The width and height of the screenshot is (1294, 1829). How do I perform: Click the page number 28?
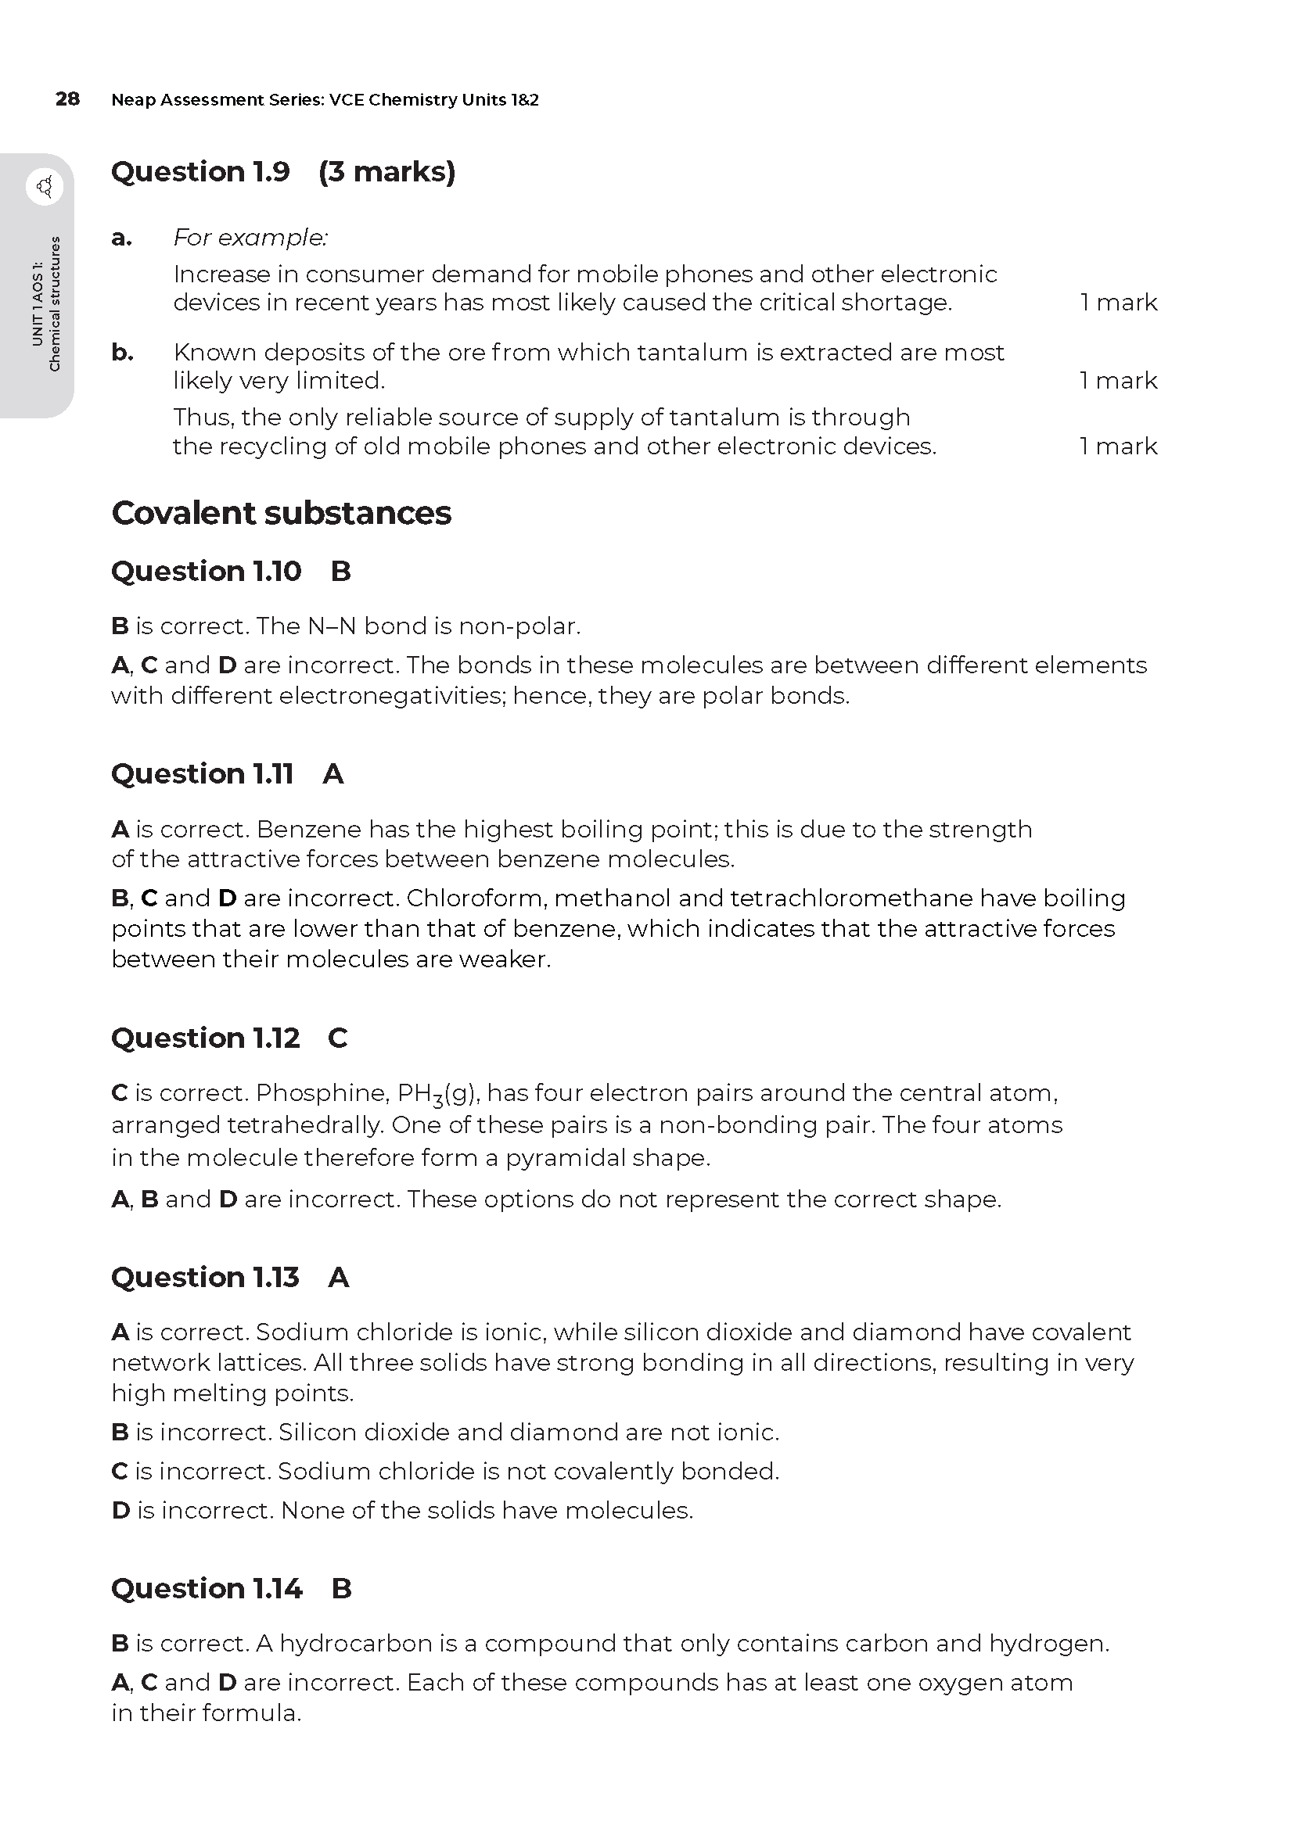point(68,99)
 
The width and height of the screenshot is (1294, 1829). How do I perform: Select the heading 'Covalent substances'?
point(282,513)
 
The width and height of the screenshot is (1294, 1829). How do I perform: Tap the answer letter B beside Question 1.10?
point(341,571)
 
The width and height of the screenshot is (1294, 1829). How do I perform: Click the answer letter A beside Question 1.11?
point(333,773)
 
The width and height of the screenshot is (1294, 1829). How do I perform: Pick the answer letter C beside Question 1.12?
point(338,1038)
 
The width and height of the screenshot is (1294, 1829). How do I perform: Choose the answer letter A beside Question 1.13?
point(339,1278)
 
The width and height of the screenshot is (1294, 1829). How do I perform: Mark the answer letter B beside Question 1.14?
point(341,1588)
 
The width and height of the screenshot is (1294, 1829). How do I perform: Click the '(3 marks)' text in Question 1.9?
point(386,172)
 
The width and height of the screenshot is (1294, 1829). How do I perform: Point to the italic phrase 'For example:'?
point(250,238)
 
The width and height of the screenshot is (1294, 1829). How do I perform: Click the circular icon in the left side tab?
point(45,187)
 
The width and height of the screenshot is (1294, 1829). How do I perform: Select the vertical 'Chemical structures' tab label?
point(54,303)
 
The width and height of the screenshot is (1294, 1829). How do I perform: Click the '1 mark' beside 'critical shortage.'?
point(1118,303)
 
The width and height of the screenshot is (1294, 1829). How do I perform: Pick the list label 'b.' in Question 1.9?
point(122,352)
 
